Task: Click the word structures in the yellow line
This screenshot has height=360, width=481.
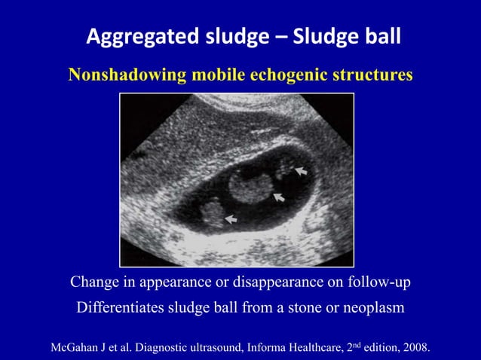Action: [368, 75]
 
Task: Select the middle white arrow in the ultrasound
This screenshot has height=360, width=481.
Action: [278, 197]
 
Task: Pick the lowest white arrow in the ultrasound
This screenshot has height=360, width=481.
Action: [231, 219]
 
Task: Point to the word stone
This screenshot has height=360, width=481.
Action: [297, 308]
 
